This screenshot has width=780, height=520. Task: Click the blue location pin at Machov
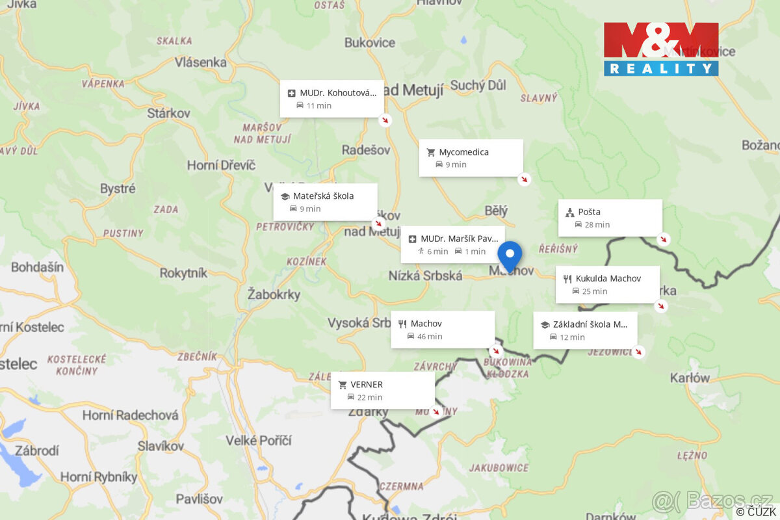[x=510, y=255]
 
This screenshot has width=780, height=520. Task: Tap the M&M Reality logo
[x=661, y=49]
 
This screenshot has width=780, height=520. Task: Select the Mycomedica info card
[x=471, y=158]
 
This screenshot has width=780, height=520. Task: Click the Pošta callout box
[x=610, y=218]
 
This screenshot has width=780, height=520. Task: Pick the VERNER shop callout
[x=382, y=391]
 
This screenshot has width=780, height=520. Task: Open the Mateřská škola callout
[x=324, y=201]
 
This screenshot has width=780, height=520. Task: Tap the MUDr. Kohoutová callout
[x=331, y=99]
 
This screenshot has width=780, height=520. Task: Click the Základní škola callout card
[x=585, y=330]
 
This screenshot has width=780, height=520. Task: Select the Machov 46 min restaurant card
[x=442, y=330]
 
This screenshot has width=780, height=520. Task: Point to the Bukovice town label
[x=369, y=43]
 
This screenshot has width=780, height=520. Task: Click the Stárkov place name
[x=168, y=113]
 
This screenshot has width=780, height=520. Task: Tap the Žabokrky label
[x=274, y=294]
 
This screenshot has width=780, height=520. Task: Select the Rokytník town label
[x=183, y=273]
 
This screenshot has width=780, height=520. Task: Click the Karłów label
[x=690, y=378]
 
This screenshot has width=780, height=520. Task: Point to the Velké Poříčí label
[x=258, y=441]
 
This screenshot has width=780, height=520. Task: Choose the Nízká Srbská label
[x=425, y=276]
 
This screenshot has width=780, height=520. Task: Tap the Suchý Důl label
[x=478, y=85]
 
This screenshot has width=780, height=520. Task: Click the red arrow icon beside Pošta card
[x=663, y=239]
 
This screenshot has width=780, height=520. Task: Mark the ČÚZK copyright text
[x=756, y=512]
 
